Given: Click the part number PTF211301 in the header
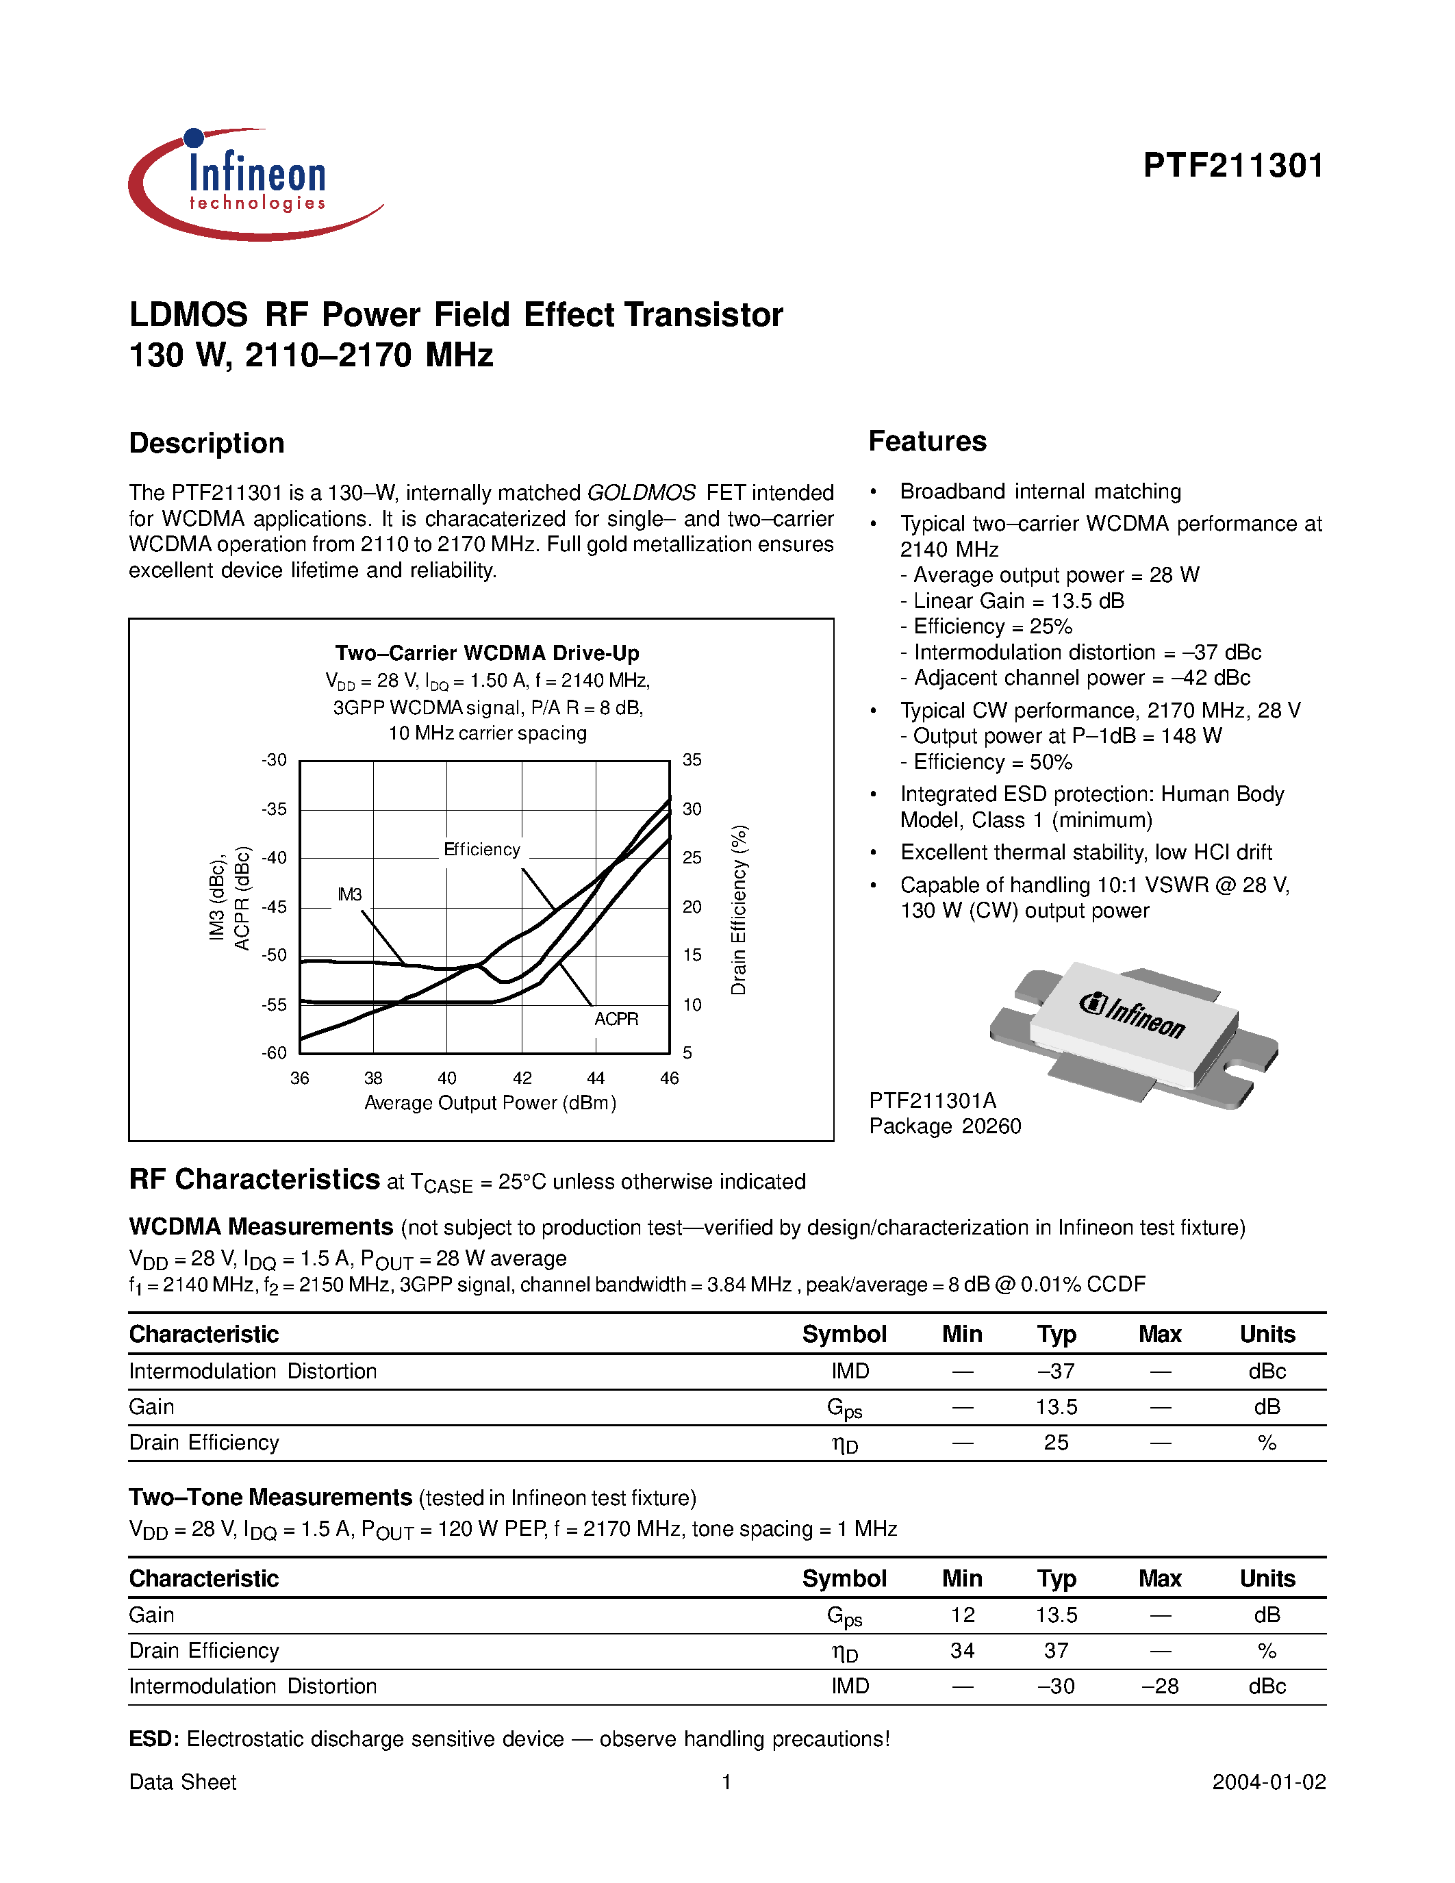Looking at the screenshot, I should (x=1232, y=166).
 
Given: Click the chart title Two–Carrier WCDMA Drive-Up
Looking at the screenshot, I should (x=487, y=653).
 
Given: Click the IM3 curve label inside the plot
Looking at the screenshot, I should (x=349, y=894).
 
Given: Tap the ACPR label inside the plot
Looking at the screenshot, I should (x=616, y=1019).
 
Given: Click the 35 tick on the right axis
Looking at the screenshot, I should (x=692, y=759).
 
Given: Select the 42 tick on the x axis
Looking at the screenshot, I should (x=522, y=1078).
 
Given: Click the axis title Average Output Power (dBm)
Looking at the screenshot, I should (x=490, y=1102).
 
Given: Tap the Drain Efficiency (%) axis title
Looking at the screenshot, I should (x=739, y=909).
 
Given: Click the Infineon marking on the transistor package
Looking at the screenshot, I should (x=1133, y=1015).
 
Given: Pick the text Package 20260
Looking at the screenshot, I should (x=945, y=1126).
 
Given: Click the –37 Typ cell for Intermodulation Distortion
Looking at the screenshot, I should (x=1056, y=1371).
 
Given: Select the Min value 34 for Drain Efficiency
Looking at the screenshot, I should (x=962, y=1650).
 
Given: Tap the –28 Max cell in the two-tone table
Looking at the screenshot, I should (x=1159, y=1686).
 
